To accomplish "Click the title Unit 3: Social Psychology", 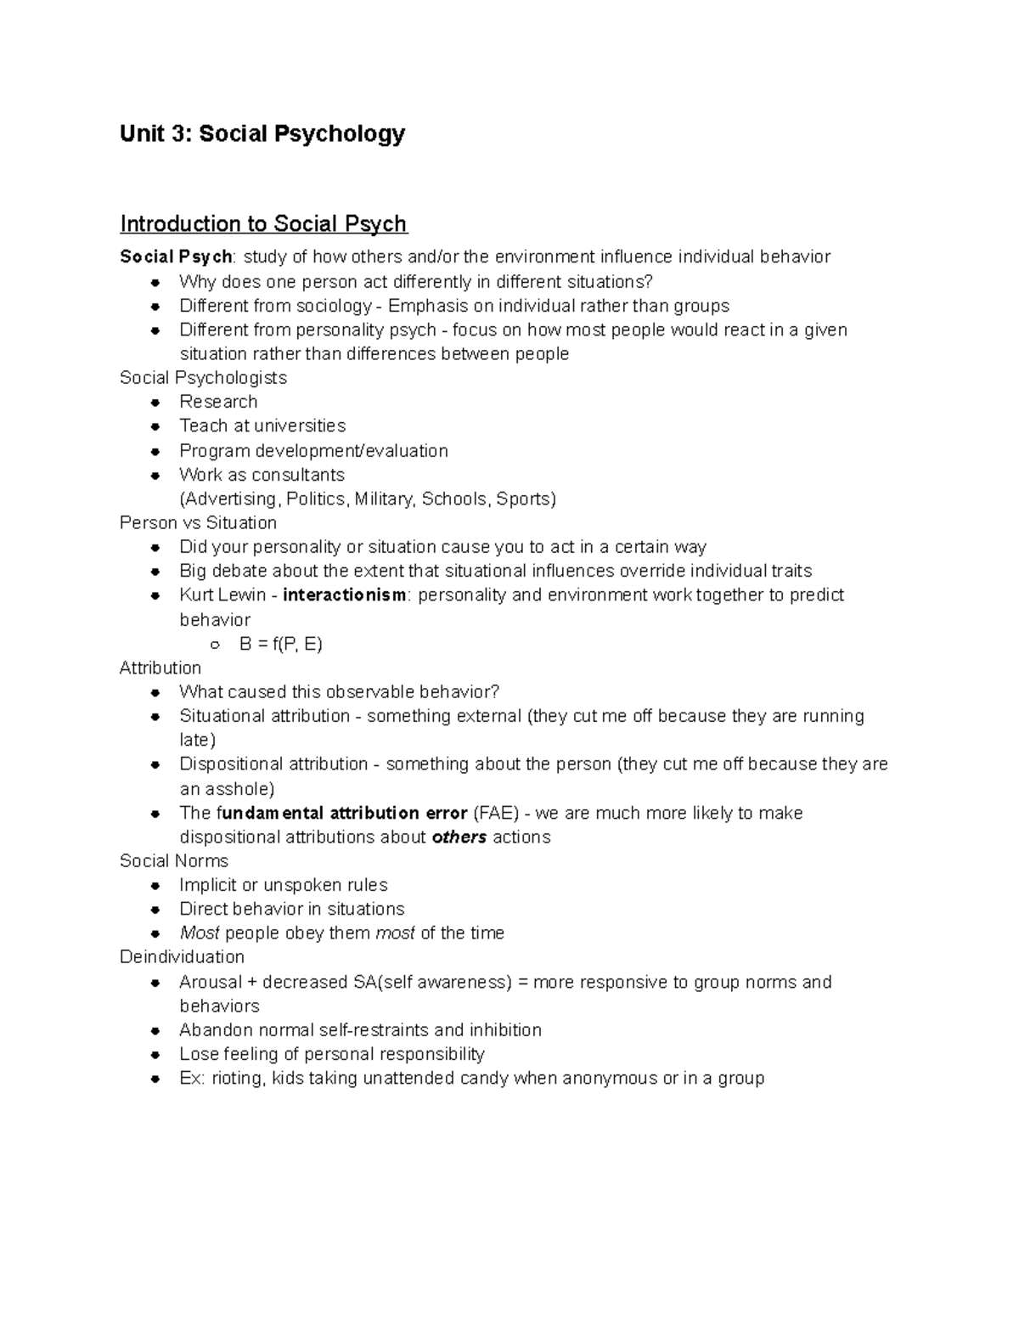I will (262, 134).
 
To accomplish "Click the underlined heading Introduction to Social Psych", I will (263, 224).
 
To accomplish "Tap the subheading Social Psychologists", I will (203, 378).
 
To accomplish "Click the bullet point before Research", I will (155, 402).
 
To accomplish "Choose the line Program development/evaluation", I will (313, 450).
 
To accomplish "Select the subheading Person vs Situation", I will (198, 522).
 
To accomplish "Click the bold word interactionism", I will (345, 595).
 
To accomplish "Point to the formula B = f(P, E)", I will (280, 644).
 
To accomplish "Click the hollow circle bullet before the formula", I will (215, 645).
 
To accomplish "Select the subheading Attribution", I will (160, 668).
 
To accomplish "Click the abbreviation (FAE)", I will (496, 813).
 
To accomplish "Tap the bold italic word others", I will (459, 837).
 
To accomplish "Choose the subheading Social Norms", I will (174, 861).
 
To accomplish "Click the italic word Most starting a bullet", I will (200, 933).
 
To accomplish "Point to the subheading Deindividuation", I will (182, 957).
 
